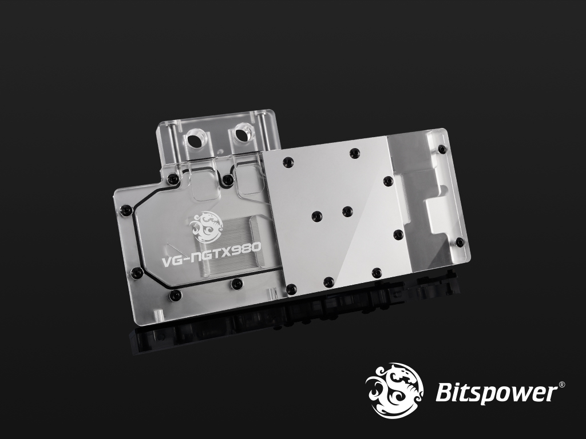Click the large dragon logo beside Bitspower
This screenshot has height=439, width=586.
coord(395,390)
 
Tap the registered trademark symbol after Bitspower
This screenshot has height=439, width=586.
coord(562,385)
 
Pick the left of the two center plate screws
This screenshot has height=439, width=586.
coord(316,215)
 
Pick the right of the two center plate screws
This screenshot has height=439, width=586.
coord(347,211)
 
